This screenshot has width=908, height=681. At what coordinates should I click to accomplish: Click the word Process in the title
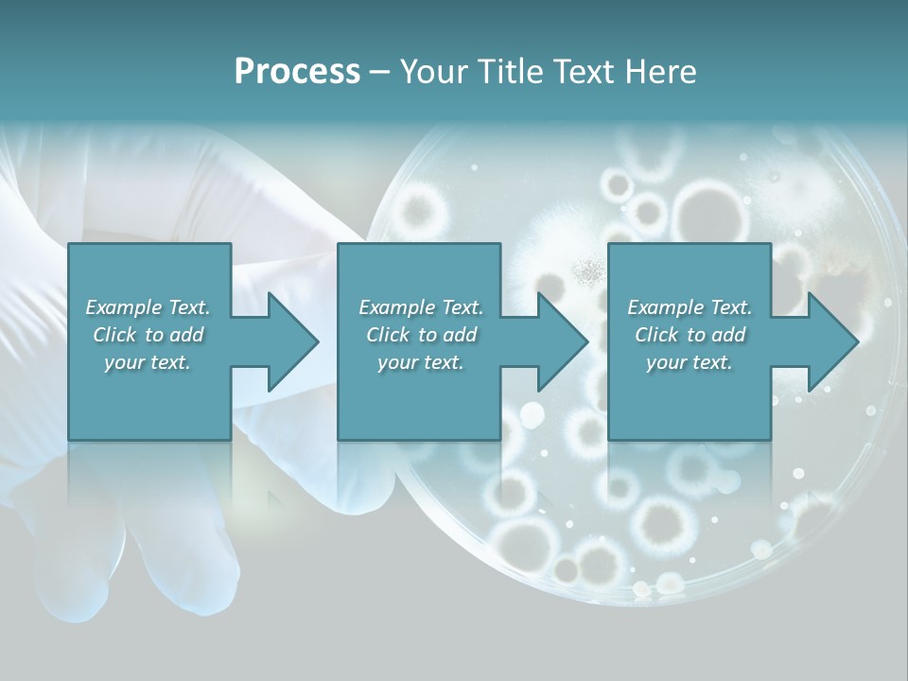[x=297, y=72]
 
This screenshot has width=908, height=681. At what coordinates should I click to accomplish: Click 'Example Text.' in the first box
[x=148, y=307]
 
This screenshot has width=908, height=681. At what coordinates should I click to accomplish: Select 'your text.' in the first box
[x=148, y=362]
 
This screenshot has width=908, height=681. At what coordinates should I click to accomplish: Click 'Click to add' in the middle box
[x=421, y=335]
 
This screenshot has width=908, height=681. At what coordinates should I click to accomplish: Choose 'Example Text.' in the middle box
[x=421, y=307]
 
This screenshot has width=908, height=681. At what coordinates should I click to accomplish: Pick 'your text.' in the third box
[x=690, y=362]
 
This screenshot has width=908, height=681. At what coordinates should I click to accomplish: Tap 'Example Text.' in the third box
[x=690, y=307]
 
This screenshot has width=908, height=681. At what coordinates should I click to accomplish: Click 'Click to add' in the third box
[x=690, y=335]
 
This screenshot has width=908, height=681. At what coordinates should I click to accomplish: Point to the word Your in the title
[x=431, y=72]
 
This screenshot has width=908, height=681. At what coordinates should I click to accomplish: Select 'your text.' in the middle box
[x=421, y=362]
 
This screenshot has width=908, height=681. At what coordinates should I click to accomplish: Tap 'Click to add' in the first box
[x=148, y=335]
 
